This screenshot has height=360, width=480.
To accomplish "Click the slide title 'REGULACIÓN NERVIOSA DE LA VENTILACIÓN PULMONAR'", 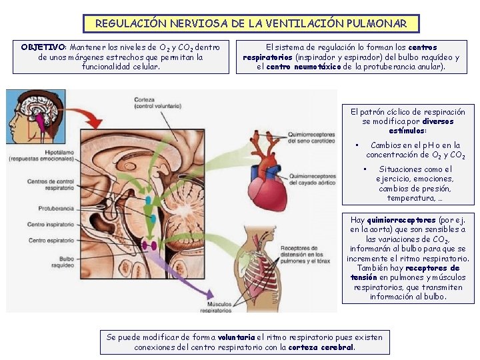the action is point(251,24).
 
